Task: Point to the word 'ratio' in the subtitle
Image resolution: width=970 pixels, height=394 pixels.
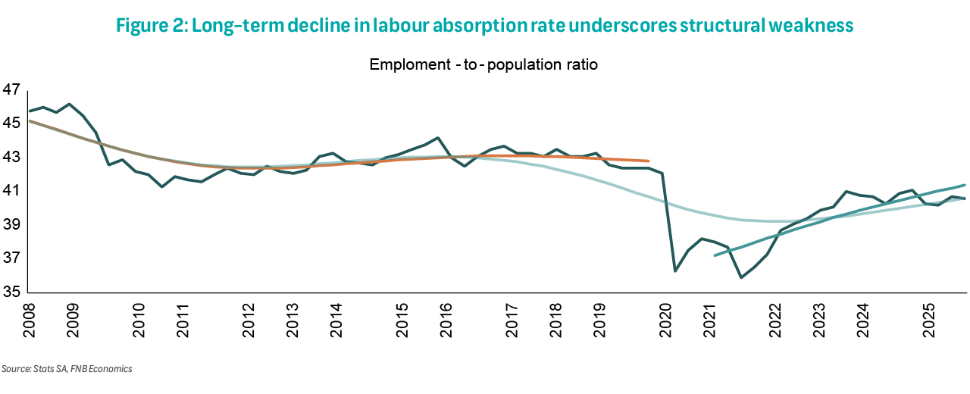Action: click(x=581, y=64)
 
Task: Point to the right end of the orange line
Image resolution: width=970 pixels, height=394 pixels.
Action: click(x=649, y=161)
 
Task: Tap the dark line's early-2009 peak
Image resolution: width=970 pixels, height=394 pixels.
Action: click(x=69, y=105)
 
